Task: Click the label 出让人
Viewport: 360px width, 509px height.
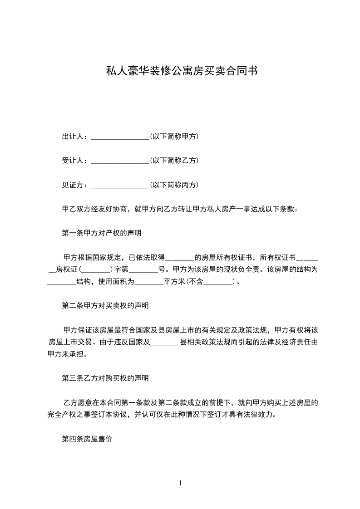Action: pos(73,136)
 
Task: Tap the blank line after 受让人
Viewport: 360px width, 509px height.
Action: pos(120,161)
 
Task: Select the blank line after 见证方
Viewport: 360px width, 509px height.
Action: pos(120,186)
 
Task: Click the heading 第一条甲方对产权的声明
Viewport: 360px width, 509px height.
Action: pos(101,234)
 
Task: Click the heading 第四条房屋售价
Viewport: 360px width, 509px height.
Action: pos(87,440)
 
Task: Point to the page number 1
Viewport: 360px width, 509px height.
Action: pos(180,483)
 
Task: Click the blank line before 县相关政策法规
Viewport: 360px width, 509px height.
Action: pos(165,342)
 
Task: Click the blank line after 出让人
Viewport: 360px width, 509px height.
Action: pos(120,137)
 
